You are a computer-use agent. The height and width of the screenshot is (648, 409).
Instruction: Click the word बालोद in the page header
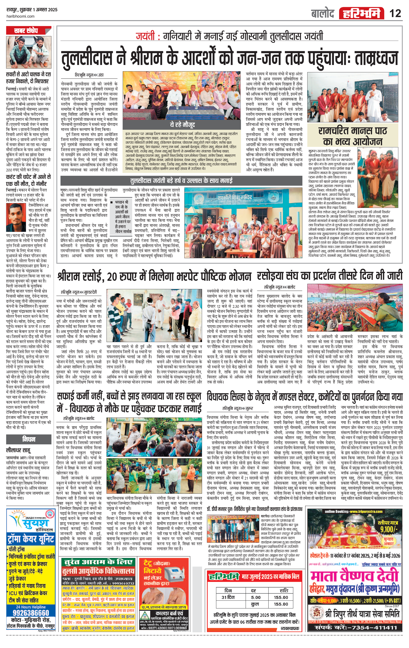(x=323, y=13)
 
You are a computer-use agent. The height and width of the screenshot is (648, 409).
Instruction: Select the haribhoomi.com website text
(x=20, y=16)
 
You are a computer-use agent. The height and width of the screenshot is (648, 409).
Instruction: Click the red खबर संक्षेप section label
(x=26, y=30)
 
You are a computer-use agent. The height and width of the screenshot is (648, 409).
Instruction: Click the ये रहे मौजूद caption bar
(x=182, y=125)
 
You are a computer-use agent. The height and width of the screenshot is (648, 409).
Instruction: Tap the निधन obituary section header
(x=29, y=439)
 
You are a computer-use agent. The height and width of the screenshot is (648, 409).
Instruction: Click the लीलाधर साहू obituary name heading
(x=18, y=450)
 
